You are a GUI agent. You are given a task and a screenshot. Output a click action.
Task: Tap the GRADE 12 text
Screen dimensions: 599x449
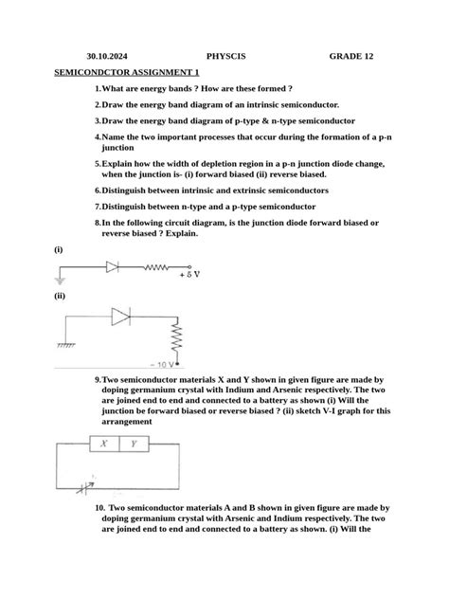[x=351, y=56]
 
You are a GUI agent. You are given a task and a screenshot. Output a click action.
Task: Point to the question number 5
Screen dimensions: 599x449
[x=97, y=163]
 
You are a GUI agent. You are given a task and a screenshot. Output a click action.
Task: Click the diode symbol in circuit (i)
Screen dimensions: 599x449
[x=113, y=267]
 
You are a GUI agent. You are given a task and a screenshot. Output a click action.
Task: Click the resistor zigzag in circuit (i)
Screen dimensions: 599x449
[x=156, y=267]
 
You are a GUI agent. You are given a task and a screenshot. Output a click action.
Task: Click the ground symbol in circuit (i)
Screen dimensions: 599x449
[x=62, y=280]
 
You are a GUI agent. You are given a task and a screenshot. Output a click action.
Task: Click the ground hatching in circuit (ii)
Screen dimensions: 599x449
[x=66, y=346]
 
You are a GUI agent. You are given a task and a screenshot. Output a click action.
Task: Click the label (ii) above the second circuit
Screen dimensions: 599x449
[x=59, y=296]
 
